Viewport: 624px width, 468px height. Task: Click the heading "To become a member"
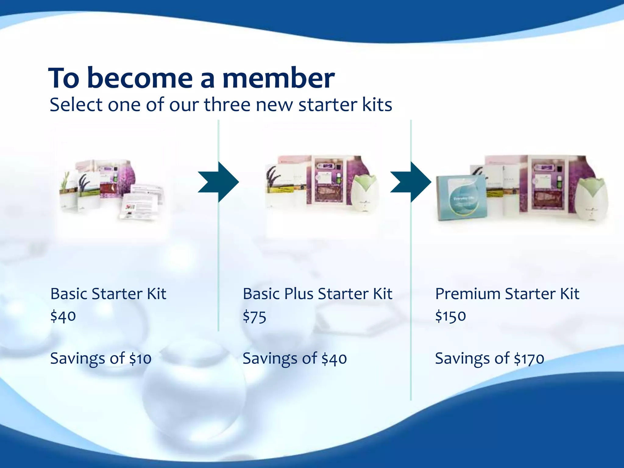(x=191, y=78)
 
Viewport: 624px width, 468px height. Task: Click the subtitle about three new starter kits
(x=221, y=105)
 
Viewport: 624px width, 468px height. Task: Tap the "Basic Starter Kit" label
(x=108, y=294)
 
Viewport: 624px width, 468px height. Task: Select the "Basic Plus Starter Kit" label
(x=317, y=294)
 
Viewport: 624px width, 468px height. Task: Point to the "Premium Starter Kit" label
(x=507, y=294)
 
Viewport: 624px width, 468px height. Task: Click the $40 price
(x=63, y=316)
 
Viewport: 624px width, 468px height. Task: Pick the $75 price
(x=254, y=317)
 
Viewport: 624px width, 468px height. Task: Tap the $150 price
(x=450, y=316)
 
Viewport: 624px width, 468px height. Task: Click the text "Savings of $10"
(x=101, y=359)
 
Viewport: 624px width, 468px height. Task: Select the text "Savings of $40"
(x=295, y=359)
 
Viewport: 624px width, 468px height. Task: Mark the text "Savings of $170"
(x=489, y=359)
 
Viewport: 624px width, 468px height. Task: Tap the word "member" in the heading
(x=278, y=79)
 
